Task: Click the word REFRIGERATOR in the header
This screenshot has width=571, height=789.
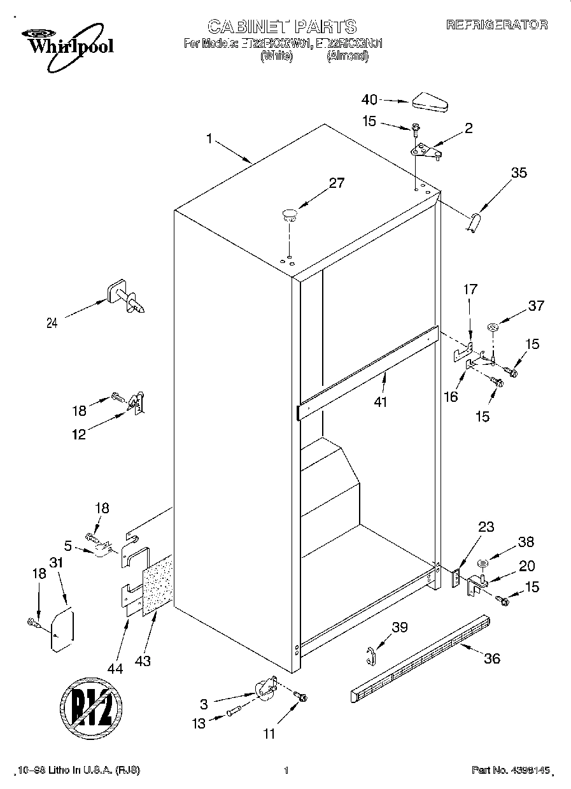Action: click(496, 25)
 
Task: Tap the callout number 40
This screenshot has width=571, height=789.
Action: click(369, 99)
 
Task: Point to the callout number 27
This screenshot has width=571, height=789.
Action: click(336, 183)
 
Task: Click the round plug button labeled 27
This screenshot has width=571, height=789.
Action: click(290, 213)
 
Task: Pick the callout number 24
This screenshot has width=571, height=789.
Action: click(52, 323)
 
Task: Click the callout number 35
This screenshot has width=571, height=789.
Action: click(519, 172)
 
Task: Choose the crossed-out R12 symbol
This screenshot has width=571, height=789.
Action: click(91, 707)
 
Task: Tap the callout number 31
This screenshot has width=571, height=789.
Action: click(57, 564)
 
